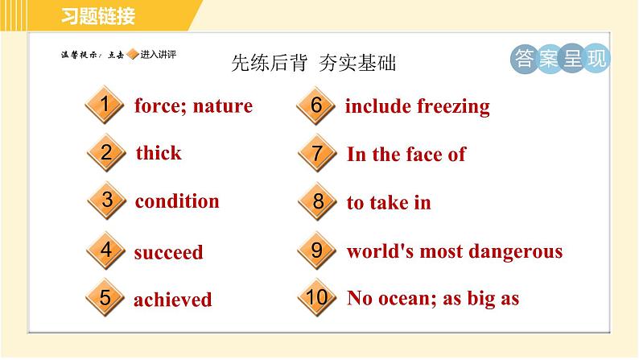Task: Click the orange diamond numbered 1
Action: pos(105,105)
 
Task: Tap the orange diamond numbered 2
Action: pos(106,153)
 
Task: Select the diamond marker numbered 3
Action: pos(107,201)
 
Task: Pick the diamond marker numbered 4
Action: pos(106,250)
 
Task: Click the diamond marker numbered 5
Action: pos(105,298)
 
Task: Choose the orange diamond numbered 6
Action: pos(316,106)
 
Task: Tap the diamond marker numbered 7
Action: pos(317,153)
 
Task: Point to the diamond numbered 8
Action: pos(318,201)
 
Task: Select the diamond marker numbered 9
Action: pos(317,250)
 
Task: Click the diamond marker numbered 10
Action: pos(317,298)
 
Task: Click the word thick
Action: pos(159,153)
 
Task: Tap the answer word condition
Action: pos(177,201)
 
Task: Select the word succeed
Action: pos(168,252)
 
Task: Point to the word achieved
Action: pos(173,300)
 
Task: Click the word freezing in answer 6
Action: pos(453,107)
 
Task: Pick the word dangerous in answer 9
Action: pos(516,252)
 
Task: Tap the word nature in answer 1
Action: pos(222,106)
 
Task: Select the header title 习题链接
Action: pos(98,16)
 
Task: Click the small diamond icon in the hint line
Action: pos(133,54)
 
